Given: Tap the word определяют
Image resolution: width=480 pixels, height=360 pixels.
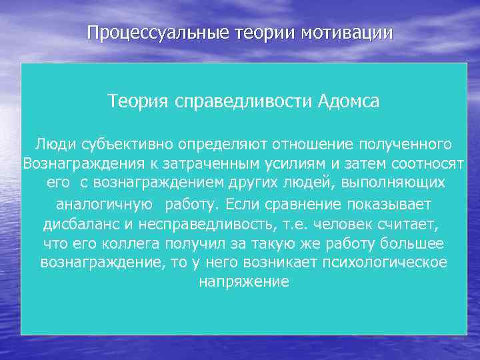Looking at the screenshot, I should click(211, 144).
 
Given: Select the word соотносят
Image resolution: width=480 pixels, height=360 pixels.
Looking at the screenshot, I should click(427, 163).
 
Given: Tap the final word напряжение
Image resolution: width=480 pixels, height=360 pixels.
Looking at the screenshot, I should click(244, 282).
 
